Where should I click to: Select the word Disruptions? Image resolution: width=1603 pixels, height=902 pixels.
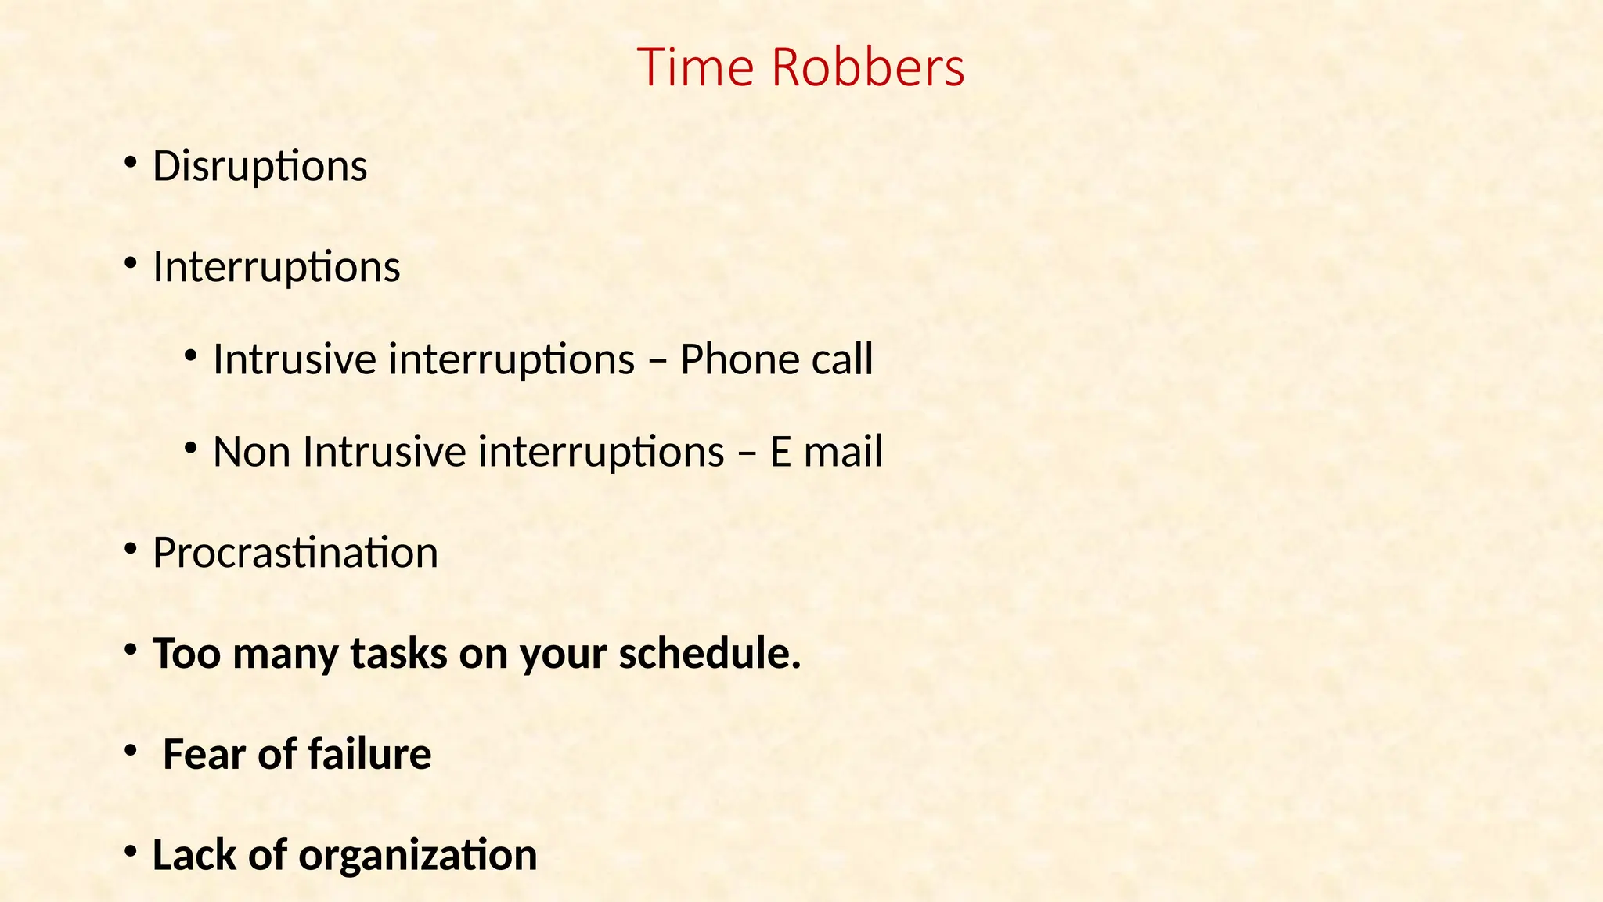pos(260,167)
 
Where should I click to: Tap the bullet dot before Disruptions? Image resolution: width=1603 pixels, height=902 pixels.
pos(131,163)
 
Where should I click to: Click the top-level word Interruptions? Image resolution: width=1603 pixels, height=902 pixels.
pos(276,268)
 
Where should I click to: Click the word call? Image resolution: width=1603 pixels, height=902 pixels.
pos(842,360)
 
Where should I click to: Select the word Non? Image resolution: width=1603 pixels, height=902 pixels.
pos(251,453)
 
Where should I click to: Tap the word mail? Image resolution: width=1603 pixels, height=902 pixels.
pos(849,453)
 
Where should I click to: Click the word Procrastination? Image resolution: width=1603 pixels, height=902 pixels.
pos(295,554)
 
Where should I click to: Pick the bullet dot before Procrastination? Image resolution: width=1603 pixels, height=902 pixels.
pos(131,549)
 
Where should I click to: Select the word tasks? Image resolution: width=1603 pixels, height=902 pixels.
pos(398,654)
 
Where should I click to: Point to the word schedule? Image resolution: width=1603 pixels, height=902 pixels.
pos(710,654)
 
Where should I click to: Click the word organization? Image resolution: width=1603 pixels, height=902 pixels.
pos(418,856)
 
